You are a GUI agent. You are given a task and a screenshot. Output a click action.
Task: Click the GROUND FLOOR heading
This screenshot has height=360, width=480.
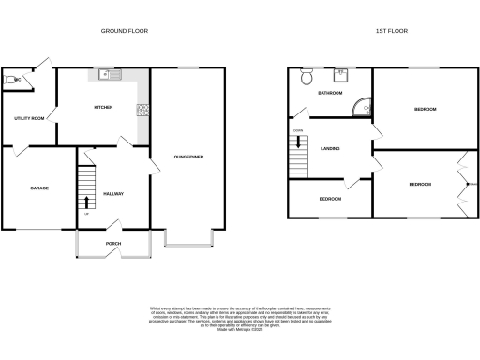click(x=125, y=31)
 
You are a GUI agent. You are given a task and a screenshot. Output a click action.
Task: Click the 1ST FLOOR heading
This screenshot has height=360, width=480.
click(x=389, y=31)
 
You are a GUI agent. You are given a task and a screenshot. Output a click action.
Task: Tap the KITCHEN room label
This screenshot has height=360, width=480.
click(x=103, y=108)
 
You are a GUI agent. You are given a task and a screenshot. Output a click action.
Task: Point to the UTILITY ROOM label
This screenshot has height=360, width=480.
click(x=28, y=119)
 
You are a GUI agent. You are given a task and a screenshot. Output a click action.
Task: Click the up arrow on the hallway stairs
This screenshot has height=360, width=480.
click(x=87, y=201)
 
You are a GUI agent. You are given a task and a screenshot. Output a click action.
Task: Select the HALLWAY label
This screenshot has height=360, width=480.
click(x=112, y=194)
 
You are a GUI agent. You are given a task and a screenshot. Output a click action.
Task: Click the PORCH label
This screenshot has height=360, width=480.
click(x=113, y=244)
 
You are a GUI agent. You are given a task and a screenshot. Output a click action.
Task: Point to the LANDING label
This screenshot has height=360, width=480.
click(x=330, y=149)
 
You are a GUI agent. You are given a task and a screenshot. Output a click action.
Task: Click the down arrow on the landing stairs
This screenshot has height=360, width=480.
click(x=299, y=143)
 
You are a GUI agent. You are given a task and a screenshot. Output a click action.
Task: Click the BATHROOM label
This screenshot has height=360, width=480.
click(x=330, y=94)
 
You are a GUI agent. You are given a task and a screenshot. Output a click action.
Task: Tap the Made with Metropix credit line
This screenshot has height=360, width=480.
click(x=239, y=329)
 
